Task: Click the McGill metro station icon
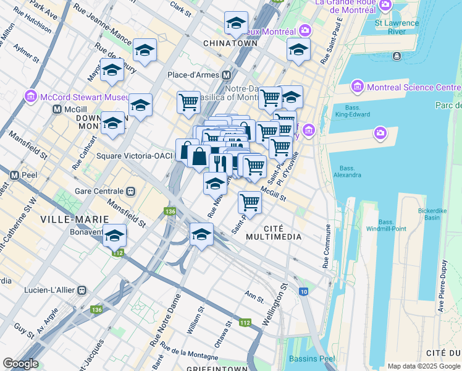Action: point(57,109)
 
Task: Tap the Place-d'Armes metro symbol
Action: point(226,75)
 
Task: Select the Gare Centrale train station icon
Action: point(130,191)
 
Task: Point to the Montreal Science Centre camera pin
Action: point(358,87)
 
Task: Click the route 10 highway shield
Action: point(303,291)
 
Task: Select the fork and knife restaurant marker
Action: point(220,163)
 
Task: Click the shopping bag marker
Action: point(199,156)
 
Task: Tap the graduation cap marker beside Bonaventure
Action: point(114,236)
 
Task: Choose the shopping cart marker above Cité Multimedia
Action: point(250,202)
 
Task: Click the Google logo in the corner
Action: point(20,364)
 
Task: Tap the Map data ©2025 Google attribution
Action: point(424,366)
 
